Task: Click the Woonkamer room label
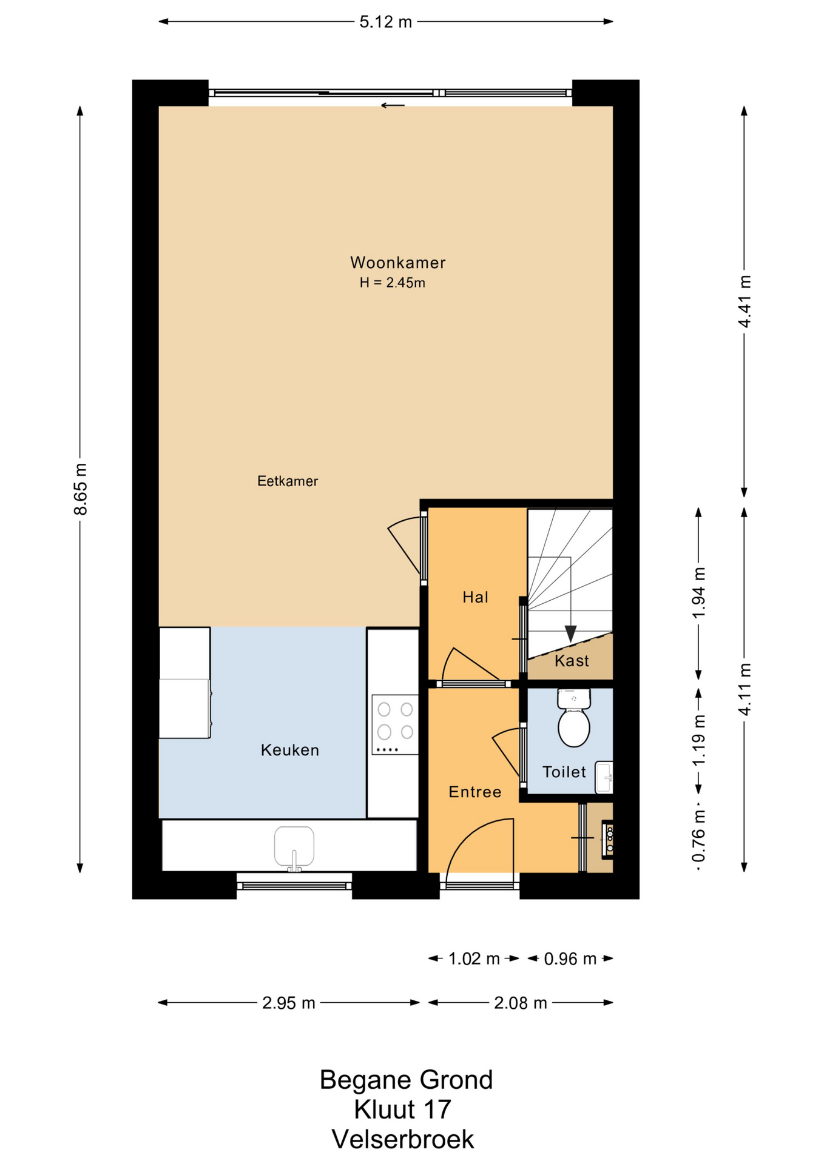(x=397, y=263)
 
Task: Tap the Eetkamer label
(x=288, y=481)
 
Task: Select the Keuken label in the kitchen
(x=289, y=750)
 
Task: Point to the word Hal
(x=475, y=597)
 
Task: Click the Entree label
(x=475, y=792)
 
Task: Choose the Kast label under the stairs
(x=572, y=661)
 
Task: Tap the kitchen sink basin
(x=294, y=847)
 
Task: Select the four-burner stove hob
(x=395, y=724)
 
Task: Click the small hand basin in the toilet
(x=604, y=777)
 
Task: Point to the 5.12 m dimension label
(x=386, y=22)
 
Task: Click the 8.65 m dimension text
(x=81, y=489)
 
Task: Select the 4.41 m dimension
(x=745, y=301)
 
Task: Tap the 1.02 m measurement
(x=474, y=958)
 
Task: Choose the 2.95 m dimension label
(x=289, y=1003)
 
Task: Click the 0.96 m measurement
(x=570, y=958)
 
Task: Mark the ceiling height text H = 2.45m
(x=393, y=283)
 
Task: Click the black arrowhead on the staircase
(x=570, y=634)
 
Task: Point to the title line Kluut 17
(x=403, y=1109)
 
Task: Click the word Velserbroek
(x=403, y=1139)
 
